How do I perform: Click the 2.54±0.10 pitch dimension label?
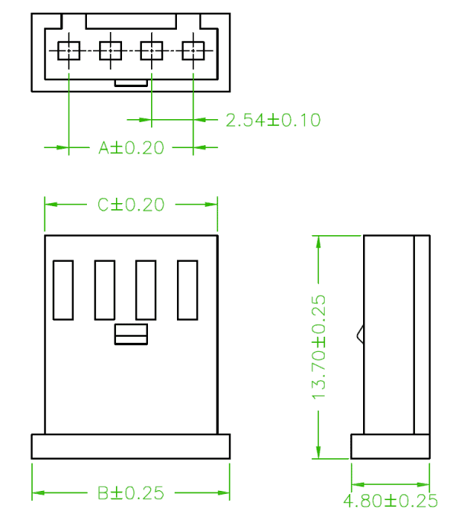click(273, 120)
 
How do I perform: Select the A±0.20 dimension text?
click(131, 148)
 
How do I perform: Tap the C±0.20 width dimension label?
click(131, 205)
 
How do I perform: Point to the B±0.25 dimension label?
click(131, 493)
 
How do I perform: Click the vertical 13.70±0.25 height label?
click(318, 347)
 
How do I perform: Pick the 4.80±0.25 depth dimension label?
click(391, 501)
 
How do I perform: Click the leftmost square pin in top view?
click(69, 50)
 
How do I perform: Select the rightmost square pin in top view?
click(193, 50)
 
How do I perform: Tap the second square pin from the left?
click(111, 50)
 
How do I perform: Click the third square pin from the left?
click(152, 50)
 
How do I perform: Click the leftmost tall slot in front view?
click(63, 290)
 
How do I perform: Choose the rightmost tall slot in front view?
click(188, 290)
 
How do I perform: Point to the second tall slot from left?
click(105, 290)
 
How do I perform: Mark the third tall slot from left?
click(146, 290)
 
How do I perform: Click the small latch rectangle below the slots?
click(131, 334)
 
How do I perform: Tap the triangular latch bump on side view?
click(361, 334)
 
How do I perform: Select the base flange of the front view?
click(130, 447)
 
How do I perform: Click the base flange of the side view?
click(391, 447)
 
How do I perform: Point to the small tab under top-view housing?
click(131, 83)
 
